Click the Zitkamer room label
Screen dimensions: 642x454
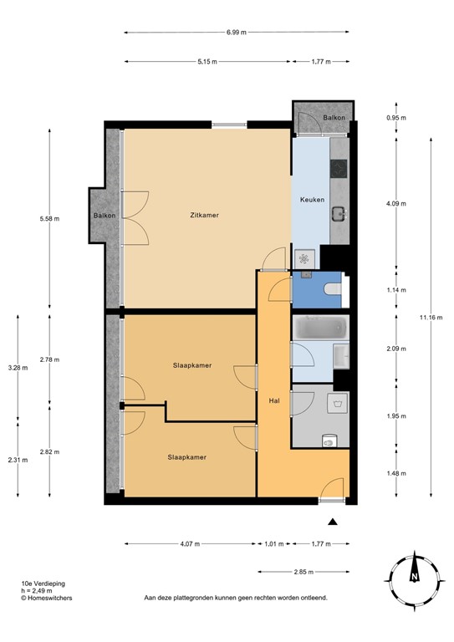coord(204,215)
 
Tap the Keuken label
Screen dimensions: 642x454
coord(312,201)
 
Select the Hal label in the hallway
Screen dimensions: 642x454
coord(273,401)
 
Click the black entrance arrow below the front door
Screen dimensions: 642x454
coord(333,522)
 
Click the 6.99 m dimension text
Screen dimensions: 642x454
coord(237,32)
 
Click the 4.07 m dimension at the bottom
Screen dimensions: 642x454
coord(189,544)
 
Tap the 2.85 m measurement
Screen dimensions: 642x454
coord(303,573)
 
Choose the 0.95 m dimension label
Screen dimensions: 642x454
coord(396,119)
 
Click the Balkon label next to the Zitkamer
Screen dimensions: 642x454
coord(104,216)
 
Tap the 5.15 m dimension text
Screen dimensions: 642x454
coord(207,62)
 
